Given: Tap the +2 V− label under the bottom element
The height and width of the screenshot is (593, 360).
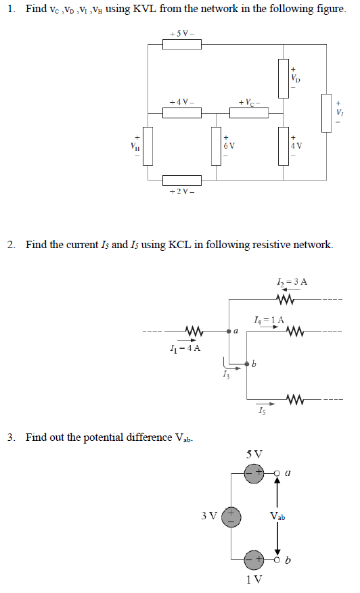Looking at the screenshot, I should pos(181,193).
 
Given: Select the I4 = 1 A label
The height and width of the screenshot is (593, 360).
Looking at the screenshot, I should pos(269,319).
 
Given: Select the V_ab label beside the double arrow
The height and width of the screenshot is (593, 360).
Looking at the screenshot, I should pos(277,517).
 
